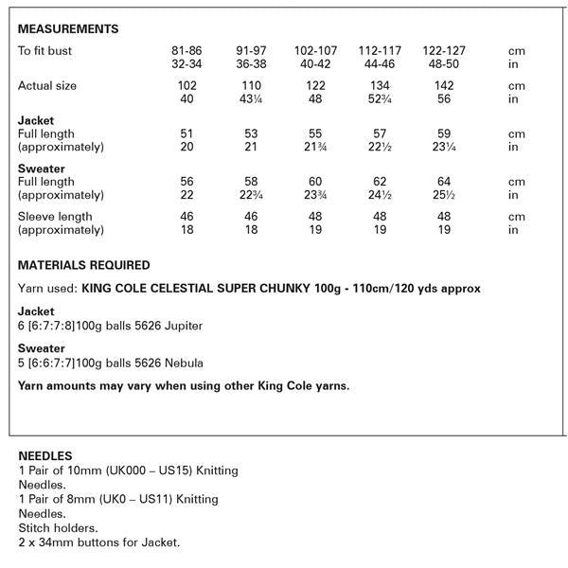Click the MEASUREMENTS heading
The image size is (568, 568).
(68, 29)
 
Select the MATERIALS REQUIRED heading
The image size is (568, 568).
(84, 265)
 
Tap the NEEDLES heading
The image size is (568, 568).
(44, 455)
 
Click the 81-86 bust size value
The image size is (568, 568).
(186, 49)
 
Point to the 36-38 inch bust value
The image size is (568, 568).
(248, 62)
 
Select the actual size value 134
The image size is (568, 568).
(375, 86)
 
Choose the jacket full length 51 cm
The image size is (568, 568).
(186, 134)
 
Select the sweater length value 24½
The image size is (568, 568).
(375, 195)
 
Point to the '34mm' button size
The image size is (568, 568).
(56, 542)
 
